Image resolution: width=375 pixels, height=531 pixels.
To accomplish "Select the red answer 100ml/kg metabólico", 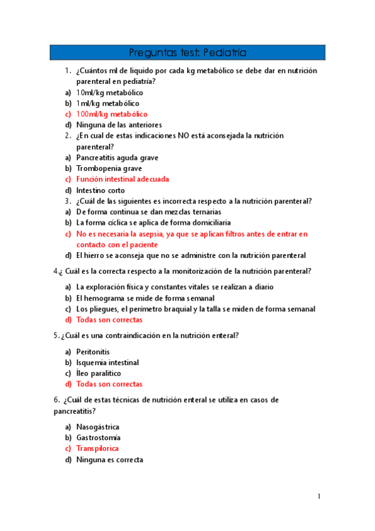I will pos(111,114).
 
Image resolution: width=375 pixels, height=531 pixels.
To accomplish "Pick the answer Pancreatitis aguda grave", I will pos(117,157).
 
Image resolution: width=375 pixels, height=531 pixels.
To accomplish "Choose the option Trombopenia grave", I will pos(109,168).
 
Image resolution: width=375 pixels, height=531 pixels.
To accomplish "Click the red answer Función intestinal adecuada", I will pos(122,179).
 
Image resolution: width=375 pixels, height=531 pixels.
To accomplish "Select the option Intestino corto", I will pos(100,190).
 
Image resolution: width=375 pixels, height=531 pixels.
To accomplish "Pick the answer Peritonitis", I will pos(93,352).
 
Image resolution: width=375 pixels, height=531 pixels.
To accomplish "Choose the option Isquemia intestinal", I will pos(107,363).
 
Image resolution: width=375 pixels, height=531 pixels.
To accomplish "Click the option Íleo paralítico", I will pos(98,373).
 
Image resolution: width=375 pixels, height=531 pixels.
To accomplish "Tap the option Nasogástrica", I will pos(97,427).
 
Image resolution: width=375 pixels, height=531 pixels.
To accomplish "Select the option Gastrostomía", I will pos(98,438).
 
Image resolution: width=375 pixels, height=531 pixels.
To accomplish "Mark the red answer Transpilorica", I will pos(97,448).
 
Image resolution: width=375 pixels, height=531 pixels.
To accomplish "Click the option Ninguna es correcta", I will pos(110,460).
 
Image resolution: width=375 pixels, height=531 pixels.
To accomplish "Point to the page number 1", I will pos(319,497).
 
